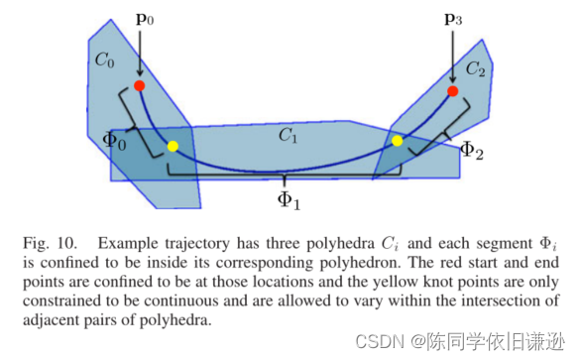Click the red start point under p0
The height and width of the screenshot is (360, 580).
140,86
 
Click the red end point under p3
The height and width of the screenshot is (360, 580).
452,91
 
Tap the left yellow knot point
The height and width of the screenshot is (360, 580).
173,147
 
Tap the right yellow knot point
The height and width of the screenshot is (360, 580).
398,141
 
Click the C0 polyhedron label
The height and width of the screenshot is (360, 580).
105,60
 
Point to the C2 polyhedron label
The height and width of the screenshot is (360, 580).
475,69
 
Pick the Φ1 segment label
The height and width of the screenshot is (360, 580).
289,198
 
